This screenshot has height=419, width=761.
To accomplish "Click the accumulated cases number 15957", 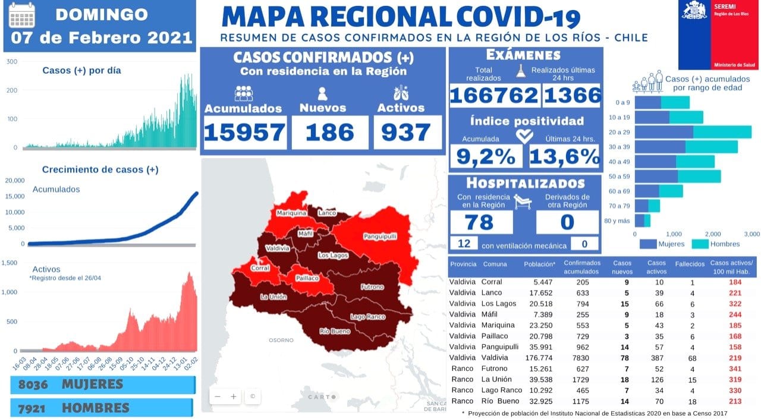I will (244, 132).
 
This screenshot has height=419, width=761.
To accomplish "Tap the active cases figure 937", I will (407, 132).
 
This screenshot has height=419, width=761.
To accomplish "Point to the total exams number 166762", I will (494, 95).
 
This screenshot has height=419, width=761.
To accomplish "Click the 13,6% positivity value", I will (564, 157).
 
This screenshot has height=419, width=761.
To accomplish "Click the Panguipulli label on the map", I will (379, 236).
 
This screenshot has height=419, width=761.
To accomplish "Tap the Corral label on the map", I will (260, 268).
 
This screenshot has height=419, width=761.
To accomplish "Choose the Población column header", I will (540, 264).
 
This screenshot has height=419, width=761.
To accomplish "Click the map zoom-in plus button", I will (234, 396).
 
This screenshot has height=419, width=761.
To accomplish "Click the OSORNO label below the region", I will (281, 341).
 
